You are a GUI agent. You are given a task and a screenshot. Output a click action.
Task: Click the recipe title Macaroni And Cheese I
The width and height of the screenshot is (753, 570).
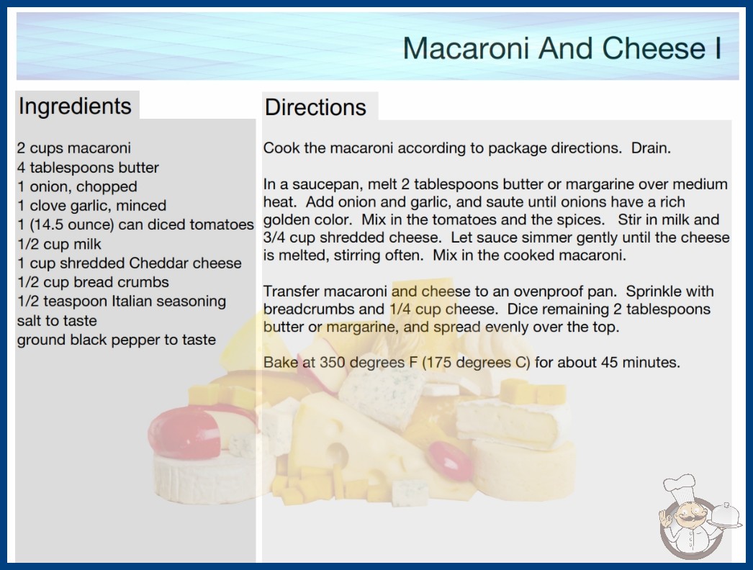562,48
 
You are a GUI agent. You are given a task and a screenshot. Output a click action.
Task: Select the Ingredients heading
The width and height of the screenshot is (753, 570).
75,106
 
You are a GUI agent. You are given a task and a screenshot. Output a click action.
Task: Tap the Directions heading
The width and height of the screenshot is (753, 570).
315,107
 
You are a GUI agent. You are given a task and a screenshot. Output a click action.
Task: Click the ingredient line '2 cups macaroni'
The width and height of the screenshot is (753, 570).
74,148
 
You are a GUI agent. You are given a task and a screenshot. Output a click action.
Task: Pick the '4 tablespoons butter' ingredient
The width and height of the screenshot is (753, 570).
88,168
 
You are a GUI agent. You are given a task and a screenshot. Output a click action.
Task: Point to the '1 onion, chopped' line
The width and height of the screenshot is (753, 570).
77,186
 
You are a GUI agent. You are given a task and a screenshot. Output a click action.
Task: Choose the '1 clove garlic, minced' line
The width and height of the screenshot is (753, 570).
91,206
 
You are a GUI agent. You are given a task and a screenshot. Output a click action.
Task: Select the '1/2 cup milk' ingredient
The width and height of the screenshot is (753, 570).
59,244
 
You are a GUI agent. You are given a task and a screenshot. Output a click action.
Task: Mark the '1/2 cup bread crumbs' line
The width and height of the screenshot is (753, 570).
93,282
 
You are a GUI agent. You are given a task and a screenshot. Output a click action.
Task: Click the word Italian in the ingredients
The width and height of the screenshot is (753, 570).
132,301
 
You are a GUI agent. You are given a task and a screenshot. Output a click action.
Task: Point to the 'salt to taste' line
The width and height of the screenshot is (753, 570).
57,321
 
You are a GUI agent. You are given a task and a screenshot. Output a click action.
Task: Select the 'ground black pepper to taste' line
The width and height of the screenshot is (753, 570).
117,340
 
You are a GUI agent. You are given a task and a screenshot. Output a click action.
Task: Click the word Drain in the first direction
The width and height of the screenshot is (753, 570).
651,148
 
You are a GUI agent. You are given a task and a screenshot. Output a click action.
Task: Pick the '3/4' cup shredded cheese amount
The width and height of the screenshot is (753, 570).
274,237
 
